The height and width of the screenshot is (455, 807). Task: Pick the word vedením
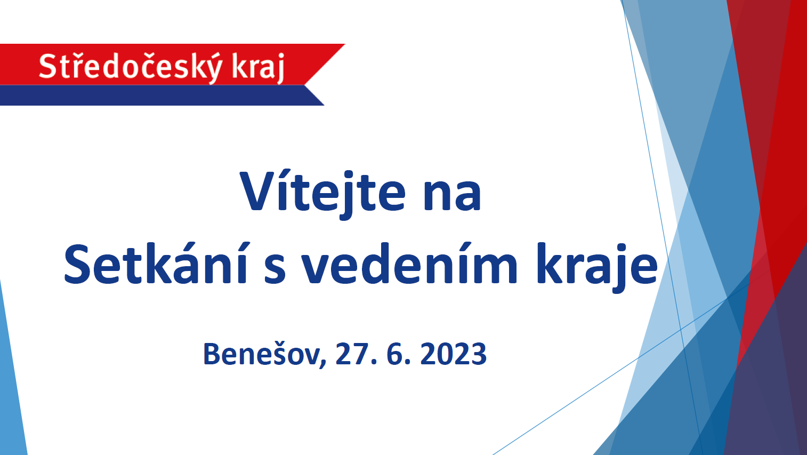409,263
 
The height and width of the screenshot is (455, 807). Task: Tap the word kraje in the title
597,267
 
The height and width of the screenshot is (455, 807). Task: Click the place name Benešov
262,354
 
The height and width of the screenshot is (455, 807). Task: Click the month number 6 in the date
395,354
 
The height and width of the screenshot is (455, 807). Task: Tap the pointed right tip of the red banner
344,44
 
